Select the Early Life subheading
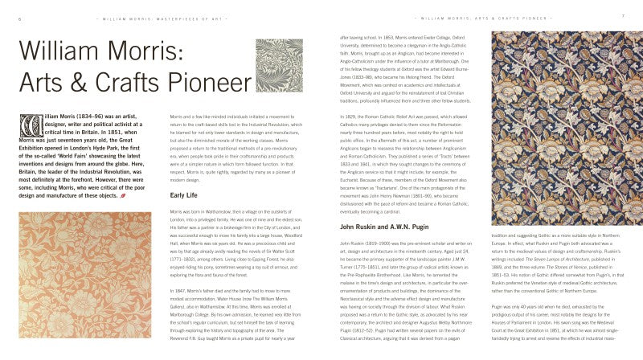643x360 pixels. coord(184,194)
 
